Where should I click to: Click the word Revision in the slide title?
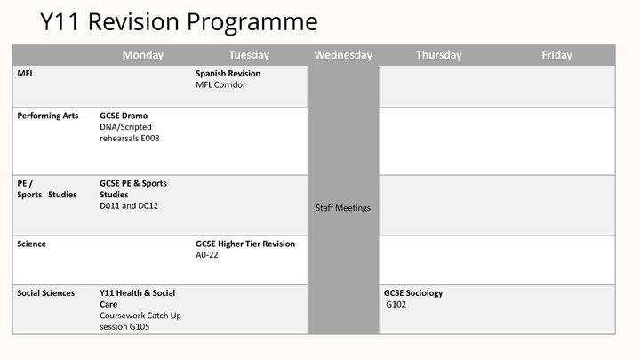tap(134, 21)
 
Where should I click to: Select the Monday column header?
tap(143, 55)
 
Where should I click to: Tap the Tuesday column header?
tap(249, 55)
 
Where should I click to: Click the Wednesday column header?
tap(343, 55)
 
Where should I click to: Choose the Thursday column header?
tap(439, 55)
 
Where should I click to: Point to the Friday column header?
tap(556, 55)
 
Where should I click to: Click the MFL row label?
tap(25, 74)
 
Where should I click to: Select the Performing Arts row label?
tap(48, 116)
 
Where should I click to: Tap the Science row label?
tap(31, 244)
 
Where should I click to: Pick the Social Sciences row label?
tap(45, 293)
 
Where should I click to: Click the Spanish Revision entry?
tap(228, 74)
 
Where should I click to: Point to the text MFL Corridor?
tap(220, 85)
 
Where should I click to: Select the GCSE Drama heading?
tap(124, 116)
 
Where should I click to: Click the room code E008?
tap(150, 139)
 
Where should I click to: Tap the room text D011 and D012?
tap(129, 205)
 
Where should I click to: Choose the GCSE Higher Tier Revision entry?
tap(245, 244)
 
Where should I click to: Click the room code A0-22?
tap(206, 255)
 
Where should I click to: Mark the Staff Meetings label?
tap(343, 208)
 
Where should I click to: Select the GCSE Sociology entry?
tap(413, 293)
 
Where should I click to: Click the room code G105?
tap(140, 327)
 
